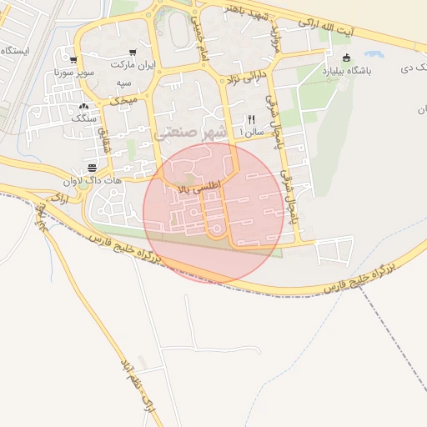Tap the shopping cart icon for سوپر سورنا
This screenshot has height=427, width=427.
74,60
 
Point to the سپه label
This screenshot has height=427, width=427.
123,84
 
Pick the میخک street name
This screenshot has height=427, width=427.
125,99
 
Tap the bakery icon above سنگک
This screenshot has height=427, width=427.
83,106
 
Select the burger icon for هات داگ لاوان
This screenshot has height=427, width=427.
91,168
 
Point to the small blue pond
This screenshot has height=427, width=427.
373,54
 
